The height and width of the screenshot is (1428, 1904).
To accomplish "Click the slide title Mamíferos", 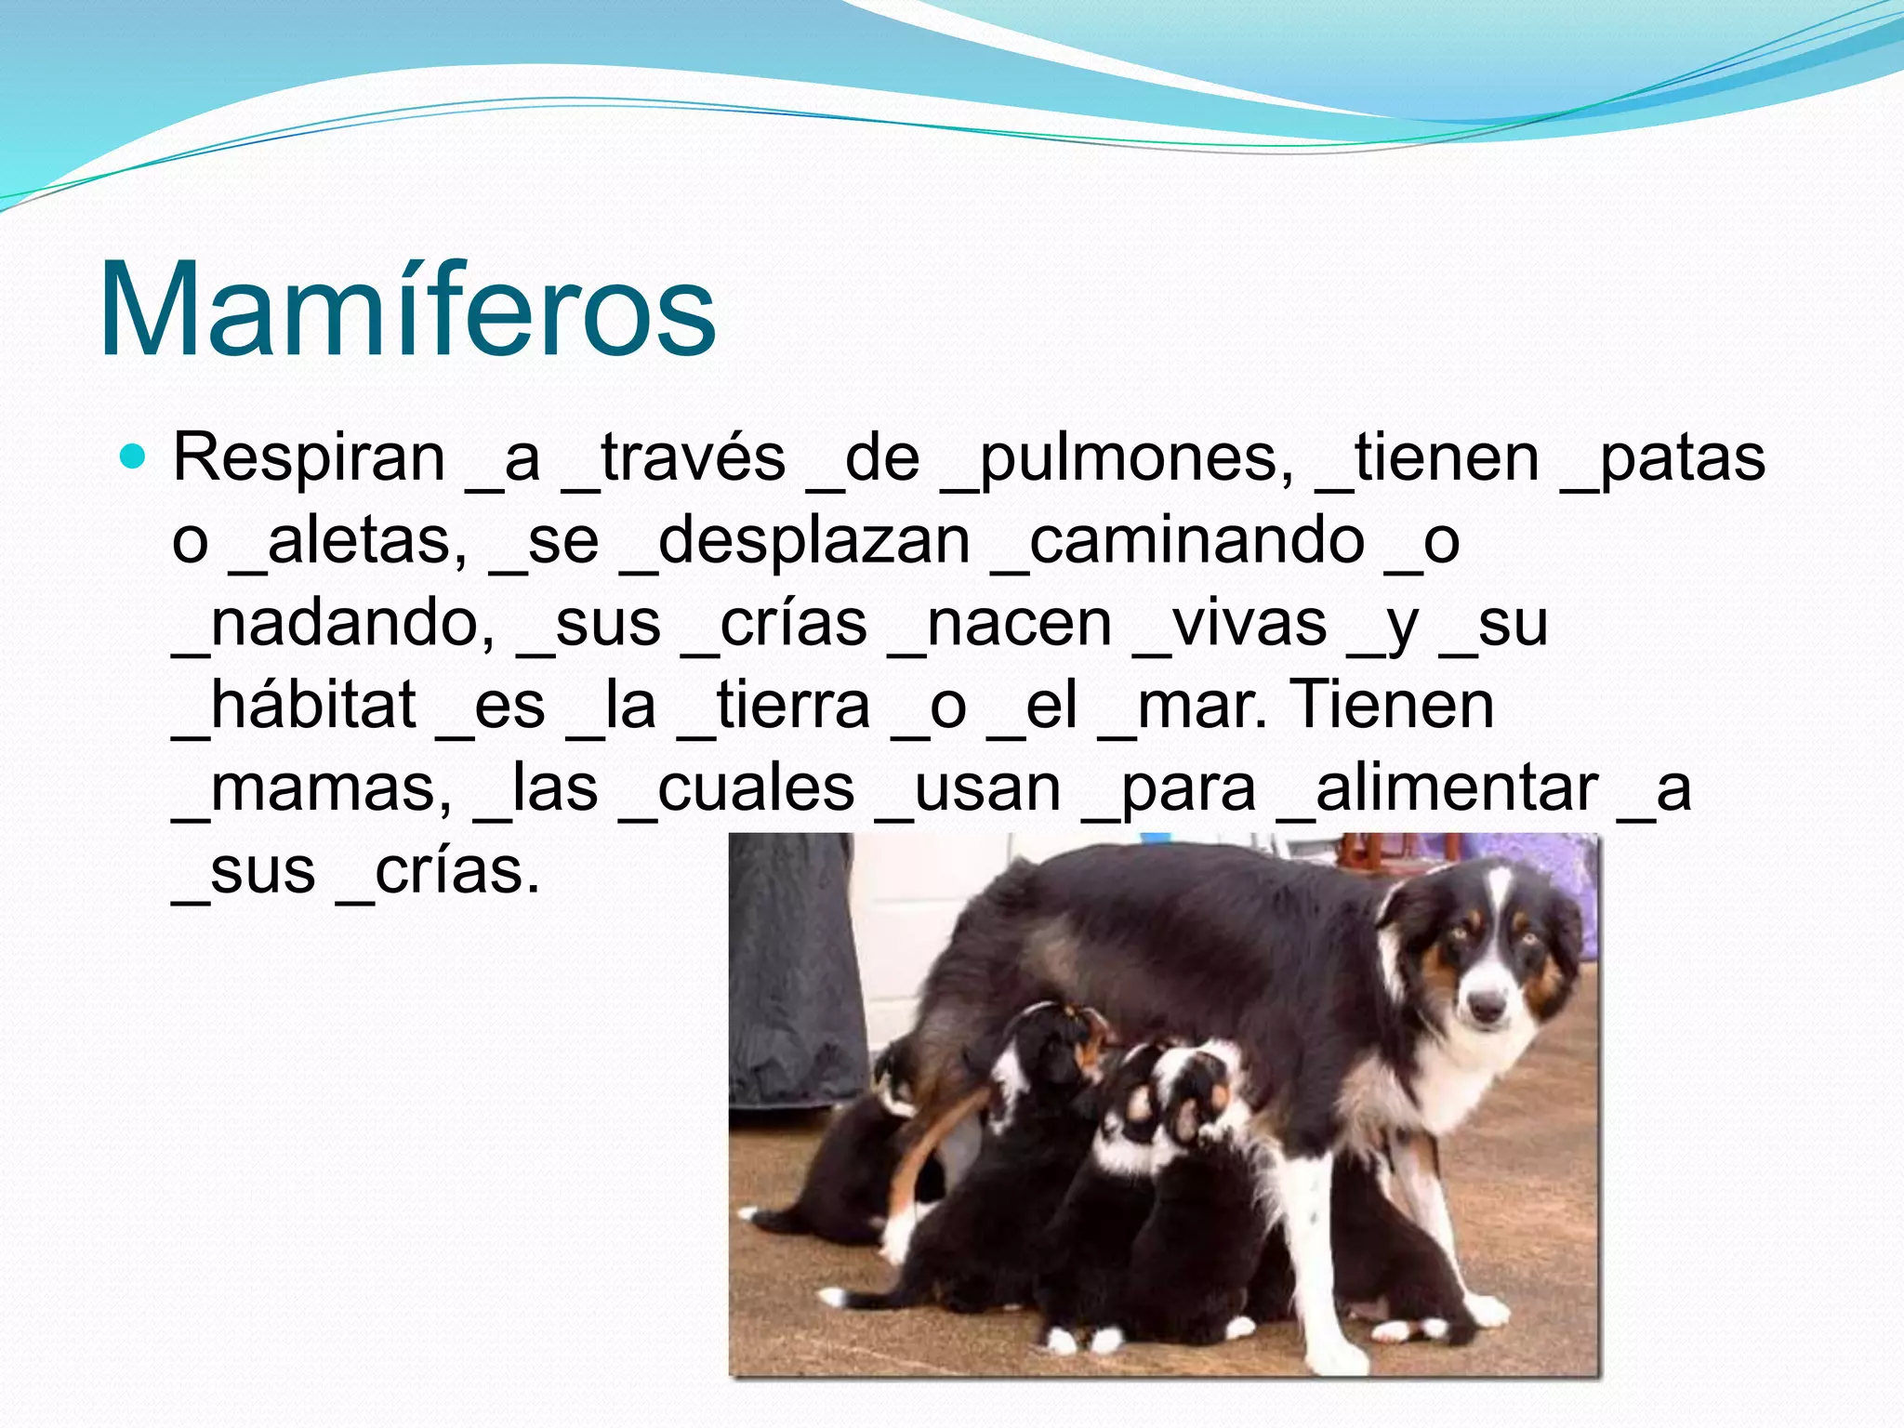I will coord(407,309).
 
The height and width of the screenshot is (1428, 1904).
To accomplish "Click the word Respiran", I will coord(309,459).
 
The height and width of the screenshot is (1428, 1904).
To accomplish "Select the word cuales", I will coord(755,788).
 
